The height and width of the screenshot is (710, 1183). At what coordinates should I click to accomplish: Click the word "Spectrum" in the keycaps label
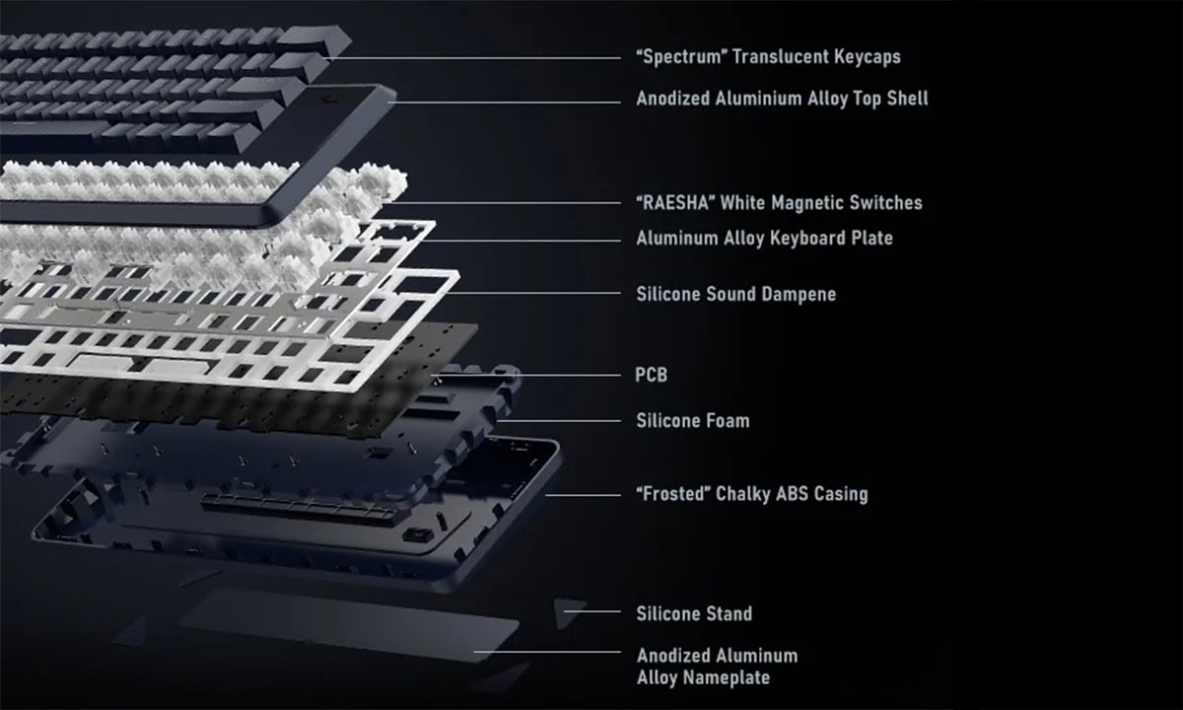coord(683,57)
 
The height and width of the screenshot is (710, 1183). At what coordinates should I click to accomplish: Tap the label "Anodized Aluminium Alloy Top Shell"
coord(782,99)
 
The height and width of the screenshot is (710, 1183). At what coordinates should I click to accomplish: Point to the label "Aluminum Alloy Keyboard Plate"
coord(764,238)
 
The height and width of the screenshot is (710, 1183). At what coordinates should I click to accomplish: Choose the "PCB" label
coord(652,376)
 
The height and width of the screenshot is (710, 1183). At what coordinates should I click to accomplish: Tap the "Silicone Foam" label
coord(692,421)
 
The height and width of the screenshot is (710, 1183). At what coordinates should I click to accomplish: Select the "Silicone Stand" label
coord(694,613)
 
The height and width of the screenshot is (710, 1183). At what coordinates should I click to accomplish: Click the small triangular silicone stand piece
coord(569,612)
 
